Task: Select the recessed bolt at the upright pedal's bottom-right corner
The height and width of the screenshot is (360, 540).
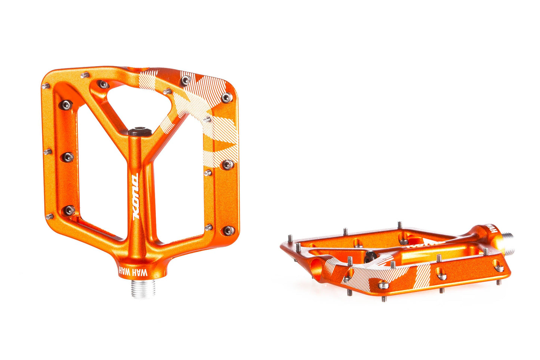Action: point(228,231)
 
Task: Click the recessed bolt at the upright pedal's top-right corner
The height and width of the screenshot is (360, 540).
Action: point(227,98)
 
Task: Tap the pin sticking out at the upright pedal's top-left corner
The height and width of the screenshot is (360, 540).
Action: point(46,86)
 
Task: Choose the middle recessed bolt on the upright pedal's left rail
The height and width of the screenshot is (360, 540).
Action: point(68,157)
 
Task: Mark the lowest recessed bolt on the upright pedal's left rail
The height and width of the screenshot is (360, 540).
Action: point(69,211)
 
